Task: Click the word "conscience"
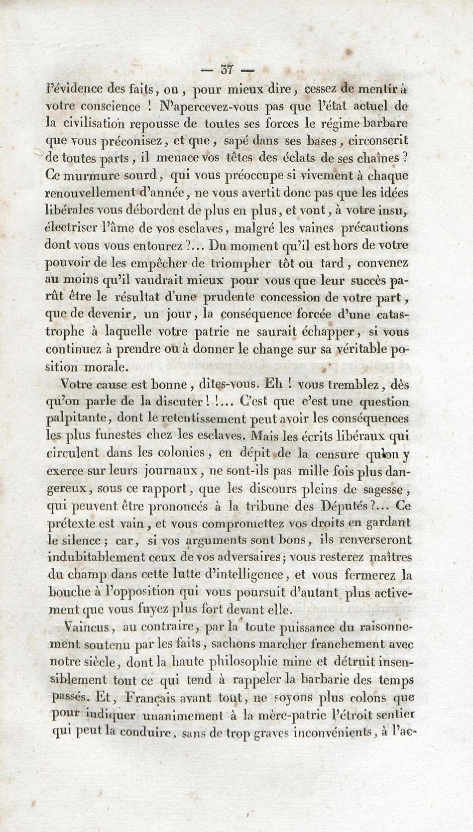tap(111, 106)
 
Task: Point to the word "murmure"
tap(83, 176)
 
